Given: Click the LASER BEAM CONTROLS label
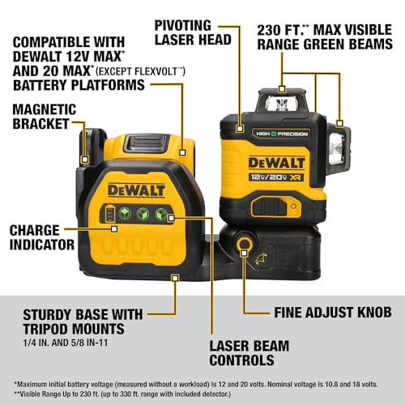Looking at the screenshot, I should pyautogui.click(x=249, y=352).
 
